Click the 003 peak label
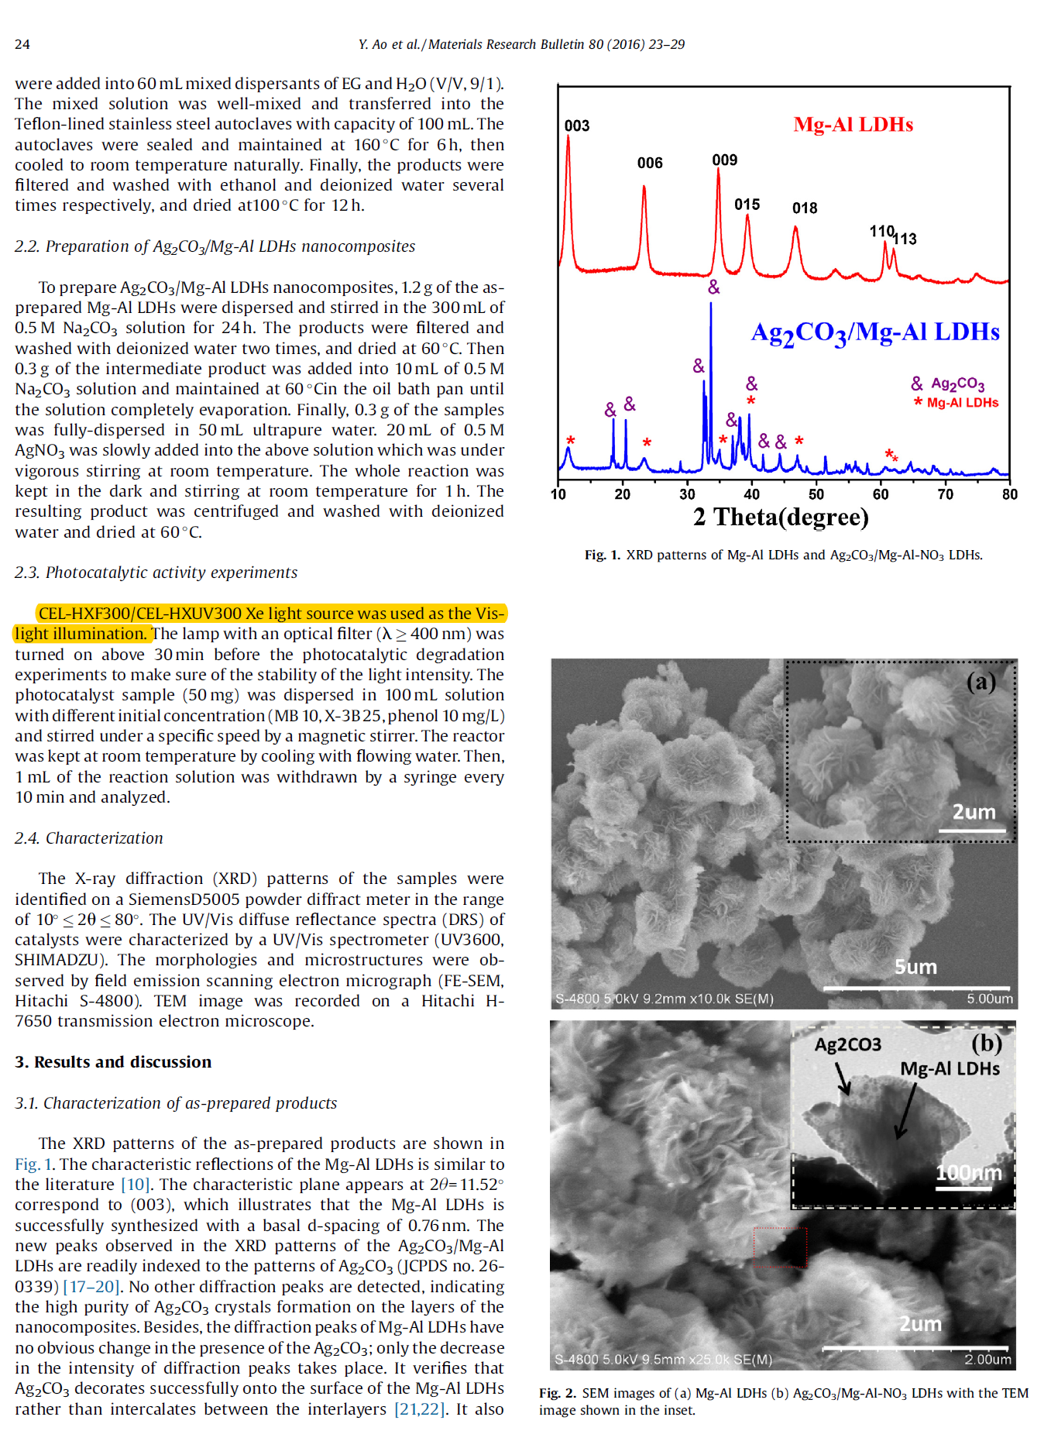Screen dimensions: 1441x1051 click(576, 126)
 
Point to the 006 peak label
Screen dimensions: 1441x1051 click(650, 163)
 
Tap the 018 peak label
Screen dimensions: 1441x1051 click(805, 208)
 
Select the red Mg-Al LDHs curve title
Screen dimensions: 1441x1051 click(853, 125)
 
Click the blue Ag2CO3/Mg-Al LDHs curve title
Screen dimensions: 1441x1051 click(875, 332)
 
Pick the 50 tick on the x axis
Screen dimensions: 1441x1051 click(816, 494)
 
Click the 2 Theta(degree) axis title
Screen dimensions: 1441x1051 click(781, 517)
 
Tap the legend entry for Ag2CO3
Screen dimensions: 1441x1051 click(949, 383)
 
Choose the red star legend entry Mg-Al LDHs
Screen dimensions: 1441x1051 click(957, 402)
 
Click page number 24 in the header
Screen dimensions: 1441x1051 click(22, 44)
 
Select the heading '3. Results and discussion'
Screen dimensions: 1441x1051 click(113, 1061)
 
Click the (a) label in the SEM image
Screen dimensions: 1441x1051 click(981, 682)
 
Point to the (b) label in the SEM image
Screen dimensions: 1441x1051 click(987, 1043)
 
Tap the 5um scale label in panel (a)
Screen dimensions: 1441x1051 click(915, 967)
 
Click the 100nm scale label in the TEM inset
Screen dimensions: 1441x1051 click(968, 1173)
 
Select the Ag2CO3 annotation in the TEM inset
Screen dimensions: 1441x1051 click(847, 1044)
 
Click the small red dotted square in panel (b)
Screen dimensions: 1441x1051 click(781, 1247)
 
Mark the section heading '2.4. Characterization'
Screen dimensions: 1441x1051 click(89, 837)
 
